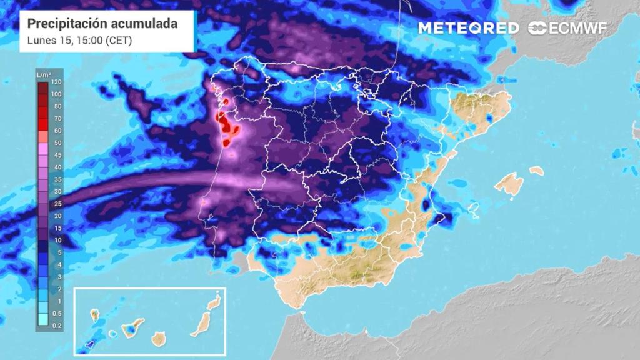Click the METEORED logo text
point(468,28)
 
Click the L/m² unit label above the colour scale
point(43,75)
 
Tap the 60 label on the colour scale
point(57,131)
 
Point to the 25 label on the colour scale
point(57,204)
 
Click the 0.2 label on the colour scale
point(57,326)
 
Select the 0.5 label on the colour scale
point(57,313)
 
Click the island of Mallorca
point(510,184)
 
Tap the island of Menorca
point(536,170)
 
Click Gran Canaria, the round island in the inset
point(160,338)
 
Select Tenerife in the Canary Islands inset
point(132,327)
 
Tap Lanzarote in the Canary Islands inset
point(214,302)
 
